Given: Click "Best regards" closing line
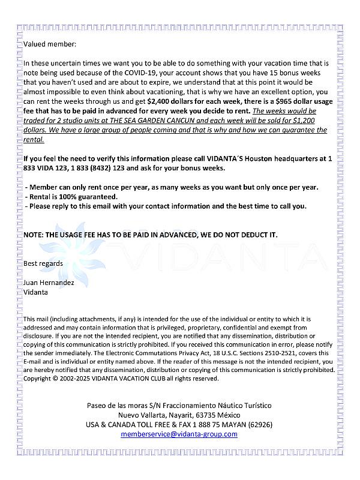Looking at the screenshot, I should coord(43,263).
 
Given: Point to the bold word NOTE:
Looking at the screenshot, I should coord(34,235).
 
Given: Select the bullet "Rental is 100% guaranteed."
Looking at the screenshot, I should coord(71,197).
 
